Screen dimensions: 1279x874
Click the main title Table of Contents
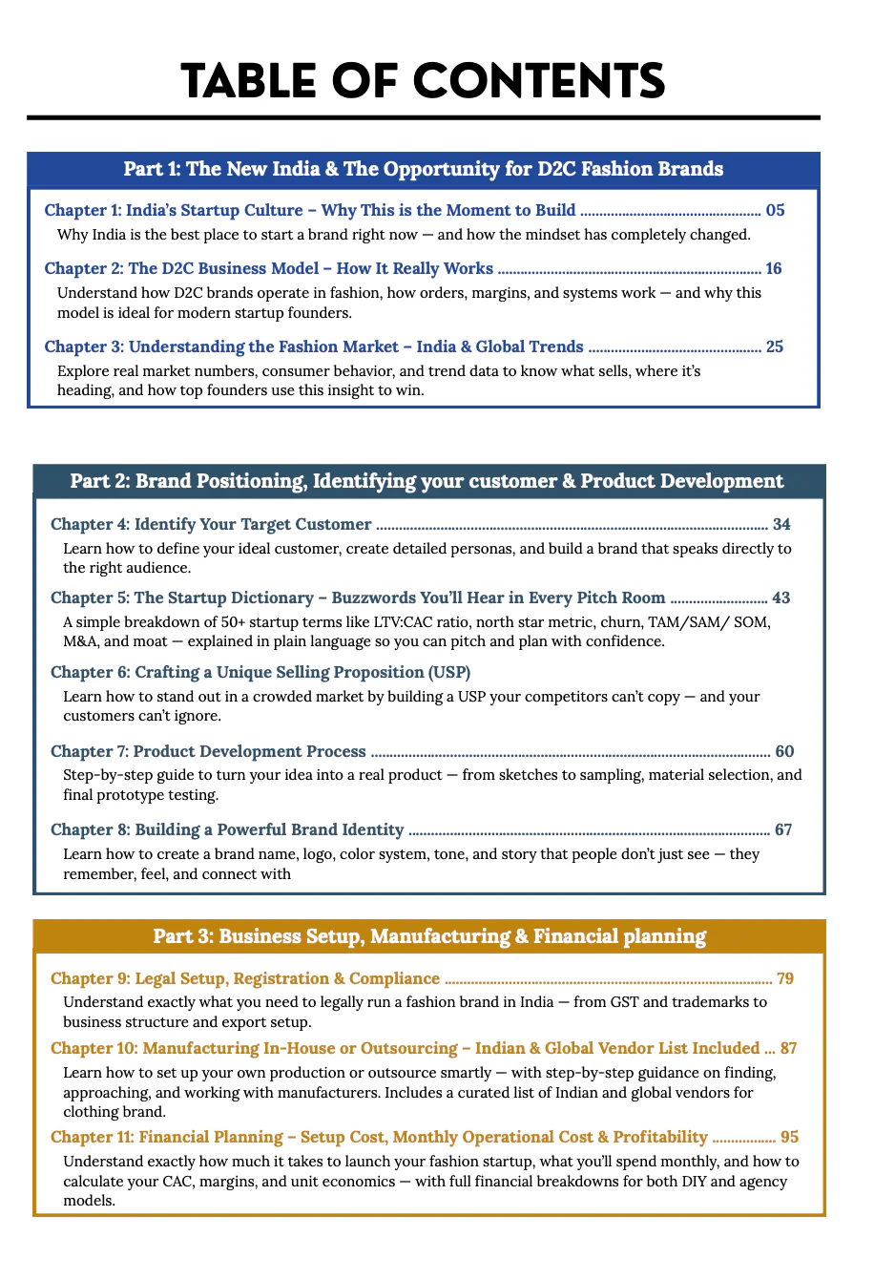tap(423, 82)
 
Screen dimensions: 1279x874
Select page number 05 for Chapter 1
tap(775, 210)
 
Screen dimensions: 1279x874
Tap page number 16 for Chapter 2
tap(773, 268)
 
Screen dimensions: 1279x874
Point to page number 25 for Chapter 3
tap(774, 346)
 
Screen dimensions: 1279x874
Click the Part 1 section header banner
tap(423, 169)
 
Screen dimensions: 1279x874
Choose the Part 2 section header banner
tap(427, 481)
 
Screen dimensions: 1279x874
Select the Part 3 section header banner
tap(429, 936)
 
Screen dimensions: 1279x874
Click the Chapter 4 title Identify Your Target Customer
tap(211, 524)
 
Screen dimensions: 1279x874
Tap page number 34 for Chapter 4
tap(781, 524)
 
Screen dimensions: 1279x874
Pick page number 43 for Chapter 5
tap(780, 598)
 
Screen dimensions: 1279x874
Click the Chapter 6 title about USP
tap(260, 672)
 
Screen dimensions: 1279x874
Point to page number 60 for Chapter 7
tap(784, 751)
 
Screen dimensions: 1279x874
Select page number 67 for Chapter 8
tap(783, 829)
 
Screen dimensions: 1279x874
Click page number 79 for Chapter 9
tap(785, 978)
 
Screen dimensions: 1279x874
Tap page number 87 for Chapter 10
tap(788, 1048)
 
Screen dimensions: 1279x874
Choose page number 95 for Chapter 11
tap(789, 1137)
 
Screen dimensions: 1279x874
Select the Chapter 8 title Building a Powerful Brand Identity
tap(227, 829)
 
